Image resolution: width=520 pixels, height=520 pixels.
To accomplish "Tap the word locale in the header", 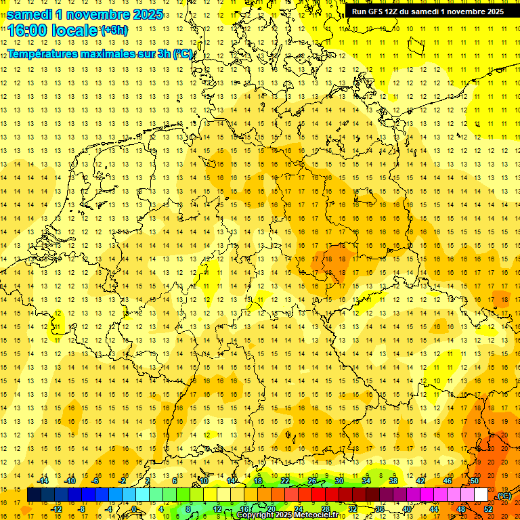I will [x=74, y=30].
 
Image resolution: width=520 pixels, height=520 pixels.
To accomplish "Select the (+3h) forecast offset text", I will [x=114, y=30].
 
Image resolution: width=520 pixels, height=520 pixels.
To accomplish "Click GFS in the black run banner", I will [x=375, y=12].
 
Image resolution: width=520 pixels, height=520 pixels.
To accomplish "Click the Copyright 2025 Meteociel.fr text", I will [x=287, y=515].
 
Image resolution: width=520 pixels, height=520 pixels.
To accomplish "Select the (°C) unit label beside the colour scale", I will [x=504, y=496].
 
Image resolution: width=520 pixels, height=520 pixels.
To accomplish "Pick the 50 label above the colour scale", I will [x=474, y=481].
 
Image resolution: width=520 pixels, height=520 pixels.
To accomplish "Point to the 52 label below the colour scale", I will [x=487, y=509].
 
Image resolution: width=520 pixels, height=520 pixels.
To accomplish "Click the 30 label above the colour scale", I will [x=339, y=481].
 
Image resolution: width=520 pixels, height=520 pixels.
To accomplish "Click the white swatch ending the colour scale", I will [x=481, y=495].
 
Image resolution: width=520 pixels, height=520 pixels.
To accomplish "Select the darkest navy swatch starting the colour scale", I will [x=34, y=495].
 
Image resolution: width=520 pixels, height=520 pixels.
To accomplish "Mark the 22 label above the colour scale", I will [x=285, y=481].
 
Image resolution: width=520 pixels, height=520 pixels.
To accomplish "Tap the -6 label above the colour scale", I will [x=96, y=481].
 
